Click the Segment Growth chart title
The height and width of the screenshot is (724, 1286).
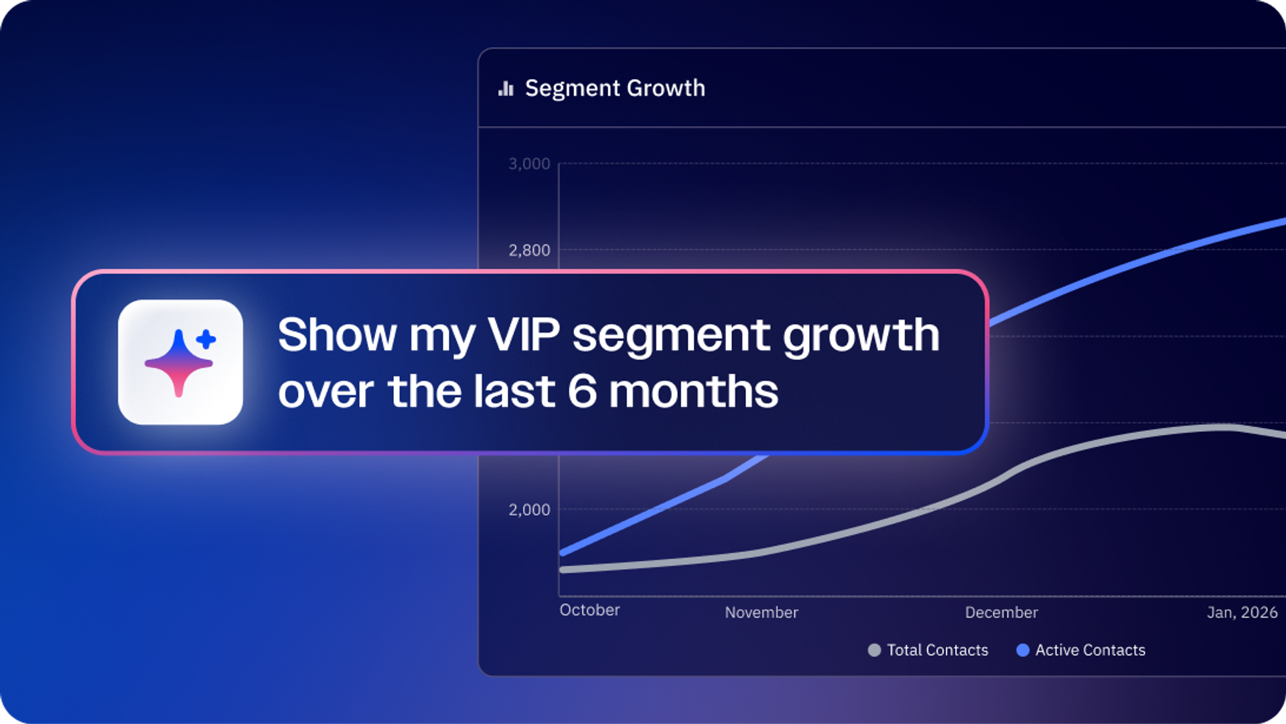(x=615, y=88)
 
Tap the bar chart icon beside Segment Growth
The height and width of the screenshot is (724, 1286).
(x=506, y=88)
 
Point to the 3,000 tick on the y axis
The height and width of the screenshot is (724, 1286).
(x=529, y=164)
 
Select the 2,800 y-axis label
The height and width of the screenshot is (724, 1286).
(x=529, y=250)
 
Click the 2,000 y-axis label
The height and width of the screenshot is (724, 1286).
(x=529, y=509)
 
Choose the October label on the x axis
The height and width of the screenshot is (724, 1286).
(x=589, y=610)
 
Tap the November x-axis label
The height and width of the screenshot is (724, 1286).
(x=762, y=612)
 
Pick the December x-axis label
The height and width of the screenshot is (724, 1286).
(x=1001, y=612)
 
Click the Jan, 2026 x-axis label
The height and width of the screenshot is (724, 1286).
(x=1242, y=612)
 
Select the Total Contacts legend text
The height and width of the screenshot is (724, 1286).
(x=938, y=650)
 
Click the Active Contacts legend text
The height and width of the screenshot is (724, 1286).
(x=1090, y=650)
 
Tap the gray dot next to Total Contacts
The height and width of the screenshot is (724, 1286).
(x=874, y=650)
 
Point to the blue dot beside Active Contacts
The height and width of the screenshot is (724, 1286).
(x=1023, y=650)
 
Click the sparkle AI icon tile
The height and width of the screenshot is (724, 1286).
(x=180, y=362)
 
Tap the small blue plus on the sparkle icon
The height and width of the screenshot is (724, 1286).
(x=206, y=339)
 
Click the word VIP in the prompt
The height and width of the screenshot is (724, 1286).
(x=523, y=335)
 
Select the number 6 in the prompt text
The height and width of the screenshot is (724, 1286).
(x=582, y=391)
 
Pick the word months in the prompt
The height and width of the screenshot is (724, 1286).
(x=694, y=391)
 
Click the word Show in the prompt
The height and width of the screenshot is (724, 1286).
(x=338, y=335)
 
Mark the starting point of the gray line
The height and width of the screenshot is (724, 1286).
(x=563, y=570)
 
